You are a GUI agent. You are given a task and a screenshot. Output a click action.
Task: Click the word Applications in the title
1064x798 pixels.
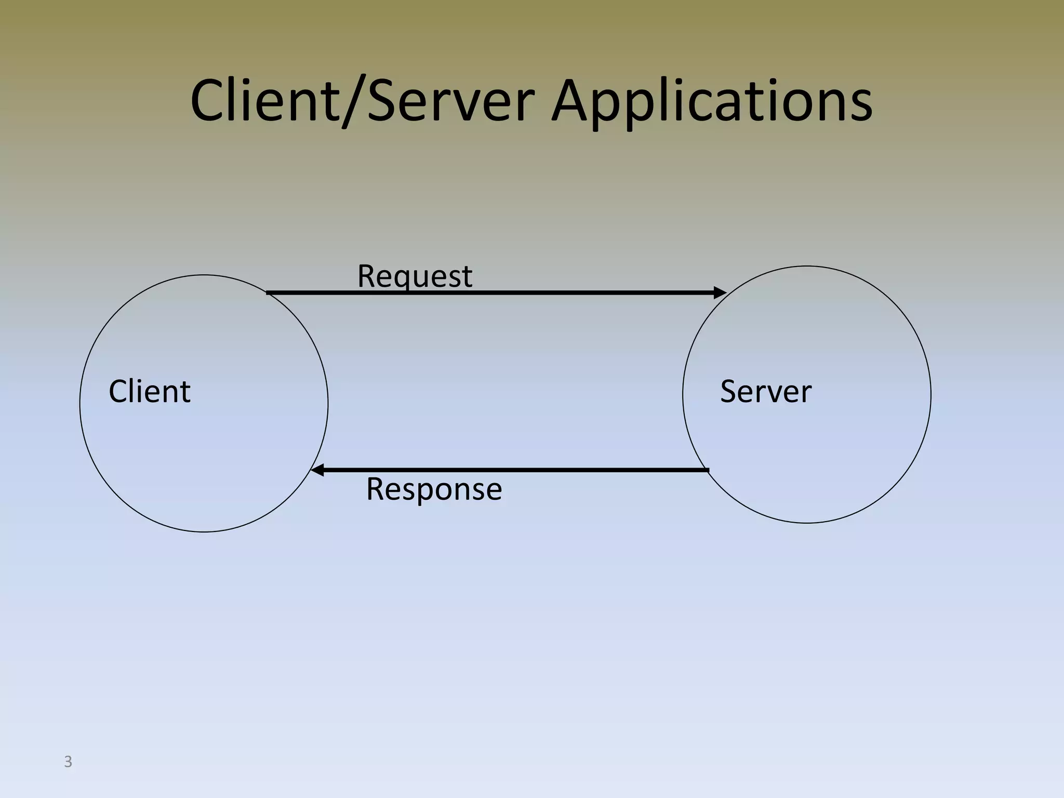pos(712,101)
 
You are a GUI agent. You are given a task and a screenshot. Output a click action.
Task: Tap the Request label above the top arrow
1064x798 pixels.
pos(415,276)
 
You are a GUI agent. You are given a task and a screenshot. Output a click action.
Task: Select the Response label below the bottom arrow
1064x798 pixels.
pos(434,489)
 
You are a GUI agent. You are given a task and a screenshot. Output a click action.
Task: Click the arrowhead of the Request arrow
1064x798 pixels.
pos(720,292)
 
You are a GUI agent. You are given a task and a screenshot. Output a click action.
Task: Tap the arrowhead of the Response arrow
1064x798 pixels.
pos(317,470)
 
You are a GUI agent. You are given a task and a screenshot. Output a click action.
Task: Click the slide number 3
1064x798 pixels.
pos(68,762)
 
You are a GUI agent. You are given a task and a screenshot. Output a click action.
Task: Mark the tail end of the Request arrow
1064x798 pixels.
pos(268,293)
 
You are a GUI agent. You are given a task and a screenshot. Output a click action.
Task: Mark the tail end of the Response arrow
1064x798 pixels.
pos(707,470)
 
